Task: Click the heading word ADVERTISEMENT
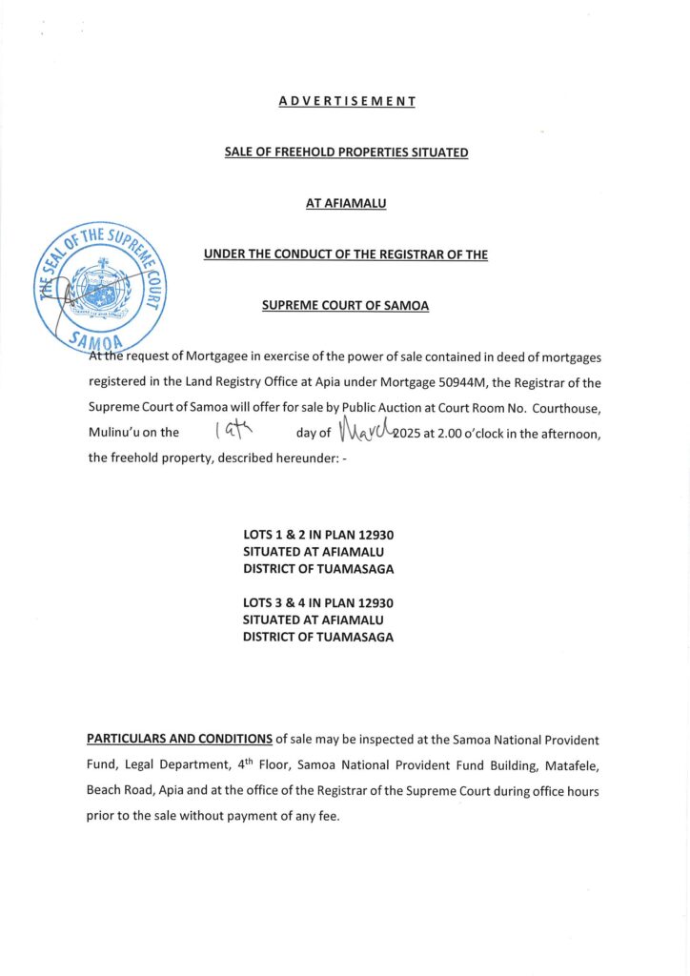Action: (x=347, y=101)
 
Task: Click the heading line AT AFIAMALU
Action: (x=346, y=202)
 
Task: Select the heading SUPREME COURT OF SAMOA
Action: (x=346, y=305)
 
